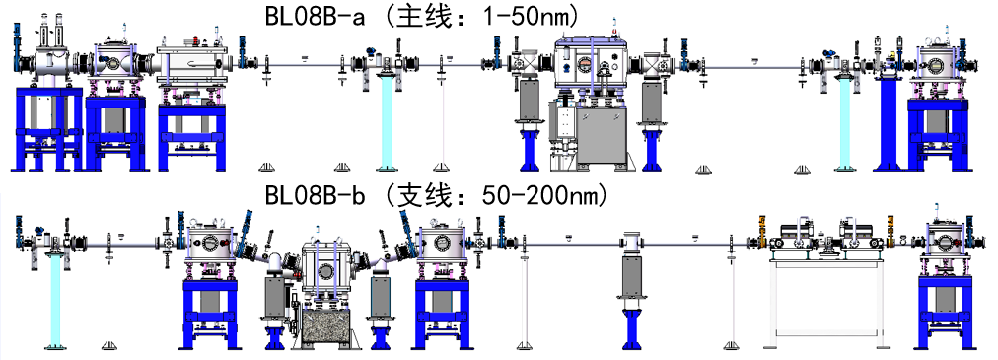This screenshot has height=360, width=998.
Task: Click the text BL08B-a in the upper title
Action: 315,16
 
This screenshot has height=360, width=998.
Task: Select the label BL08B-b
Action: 315,195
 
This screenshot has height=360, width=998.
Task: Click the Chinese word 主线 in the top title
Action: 419,16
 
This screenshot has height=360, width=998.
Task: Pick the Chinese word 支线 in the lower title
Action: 419,195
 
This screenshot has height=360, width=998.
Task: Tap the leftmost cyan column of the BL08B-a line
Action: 387,121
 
